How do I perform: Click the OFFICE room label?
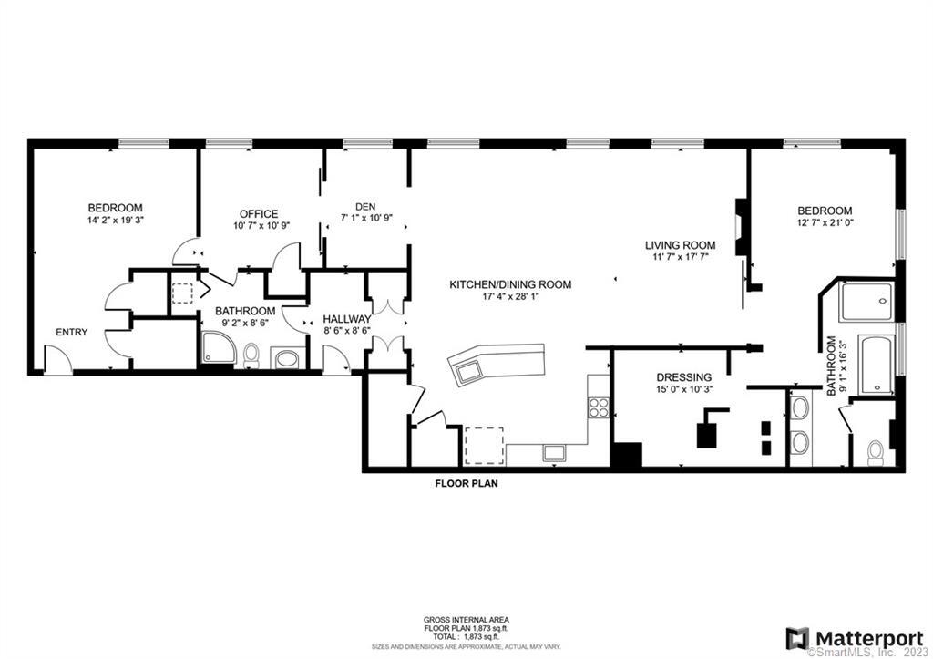[259, 214]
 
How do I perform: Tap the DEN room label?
[365, 207]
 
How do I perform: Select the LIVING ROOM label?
[680, 245]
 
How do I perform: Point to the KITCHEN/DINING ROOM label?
[510, 284]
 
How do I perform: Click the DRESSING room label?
[683, 377]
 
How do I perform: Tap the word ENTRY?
[71, 332]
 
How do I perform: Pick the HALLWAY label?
[347, 320]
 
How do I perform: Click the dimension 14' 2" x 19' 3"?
[116, 220]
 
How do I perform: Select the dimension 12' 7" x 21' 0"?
[825, 222]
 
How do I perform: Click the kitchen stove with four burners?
[599, 407]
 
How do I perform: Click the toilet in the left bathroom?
[251, 355]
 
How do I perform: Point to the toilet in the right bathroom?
[876, 453]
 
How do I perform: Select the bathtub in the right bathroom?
[877, 365]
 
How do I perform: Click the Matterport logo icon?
[797, 639]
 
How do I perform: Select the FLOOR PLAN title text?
[466, 484]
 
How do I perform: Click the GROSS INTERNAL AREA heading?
[466, 620]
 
